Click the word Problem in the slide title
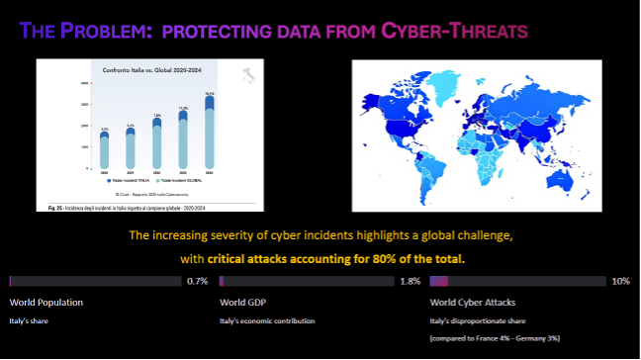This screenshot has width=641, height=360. (90, 32)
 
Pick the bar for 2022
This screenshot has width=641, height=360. (184, 143)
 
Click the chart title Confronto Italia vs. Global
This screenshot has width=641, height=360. (145, 70)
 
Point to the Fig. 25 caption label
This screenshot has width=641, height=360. (56, 209)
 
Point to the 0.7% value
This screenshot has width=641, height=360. (197, 281)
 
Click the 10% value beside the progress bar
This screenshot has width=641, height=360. (621, 281)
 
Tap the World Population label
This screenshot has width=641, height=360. (46, 302)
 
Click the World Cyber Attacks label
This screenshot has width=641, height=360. (473, 302)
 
